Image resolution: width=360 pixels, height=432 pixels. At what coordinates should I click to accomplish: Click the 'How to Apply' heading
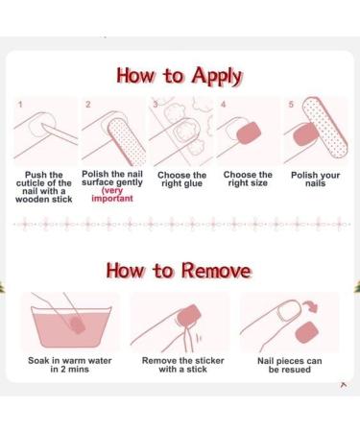click(180, 76)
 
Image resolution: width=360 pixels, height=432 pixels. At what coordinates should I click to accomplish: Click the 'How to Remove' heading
click(180, 270)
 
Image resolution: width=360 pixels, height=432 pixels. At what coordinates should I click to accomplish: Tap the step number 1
click(20, 103)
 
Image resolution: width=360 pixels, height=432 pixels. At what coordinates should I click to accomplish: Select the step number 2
click(88, 103)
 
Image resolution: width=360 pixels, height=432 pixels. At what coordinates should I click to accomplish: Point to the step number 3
click(156, 103)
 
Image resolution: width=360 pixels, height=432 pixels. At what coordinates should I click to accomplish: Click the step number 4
click(223, 103)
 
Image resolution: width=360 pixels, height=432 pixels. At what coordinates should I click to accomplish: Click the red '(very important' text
click(112, 197)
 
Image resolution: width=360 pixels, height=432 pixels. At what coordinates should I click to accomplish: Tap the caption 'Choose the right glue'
click(180, 180)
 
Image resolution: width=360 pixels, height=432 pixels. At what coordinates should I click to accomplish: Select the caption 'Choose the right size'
click(247, 180)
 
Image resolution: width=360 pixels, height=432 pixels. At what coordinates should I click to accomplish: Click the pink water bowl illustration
click(67, 326)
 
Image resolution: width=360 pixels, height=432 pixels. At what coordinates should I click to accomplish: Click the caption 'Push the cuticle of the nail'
click(46, 185)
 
